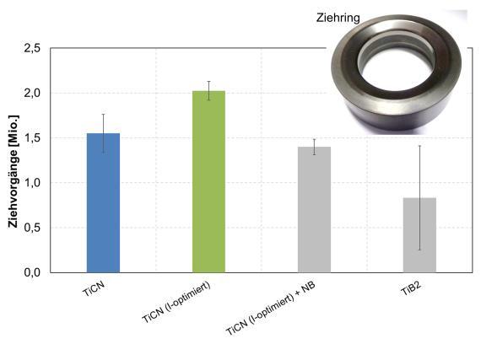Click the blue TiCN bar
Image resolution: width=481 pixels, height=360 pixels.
(x=104, y=203)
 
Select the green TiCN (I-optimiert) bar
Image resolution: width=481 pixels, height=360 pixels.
(x=209, y=181)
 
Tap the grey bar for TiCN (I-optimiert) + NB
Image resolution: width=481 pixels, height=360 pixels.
(x=315, y=210)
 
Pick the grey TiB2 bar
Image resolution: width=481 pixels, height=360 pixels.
(x=419, y=235)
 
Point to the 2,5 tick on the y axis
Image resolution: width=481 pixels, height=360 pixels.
(x=32, y=48)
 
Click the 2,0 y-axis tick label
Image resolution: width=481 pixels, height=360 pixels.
(x=32, y=93)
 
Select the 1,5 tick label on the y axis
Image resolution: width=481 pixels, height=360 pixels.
(x=32, y=138)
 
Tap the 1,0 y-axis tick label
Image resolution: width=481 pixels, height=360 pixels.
(x=32, y=183)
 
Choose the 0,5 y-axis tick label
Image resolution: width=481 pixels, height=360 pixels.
(x=32, y=228)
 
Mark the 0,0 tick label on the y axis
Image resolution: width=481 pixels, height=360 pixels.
(x=32, y=272)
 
